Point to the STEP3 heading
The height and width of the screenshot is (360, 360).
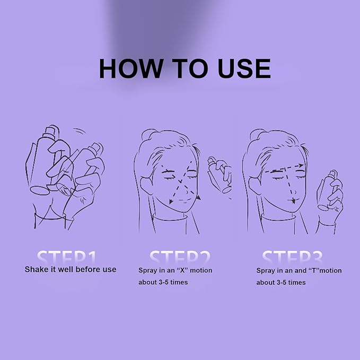[x=292, y=257]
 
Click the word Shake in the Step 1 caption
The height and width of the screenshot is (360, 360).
[x=36, y=269]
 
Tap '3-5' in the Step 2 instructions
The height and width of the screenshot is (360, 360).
[x=169, y=282]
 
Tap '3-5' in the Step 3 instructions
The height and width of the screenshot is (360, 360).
[x=287, y=283]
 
